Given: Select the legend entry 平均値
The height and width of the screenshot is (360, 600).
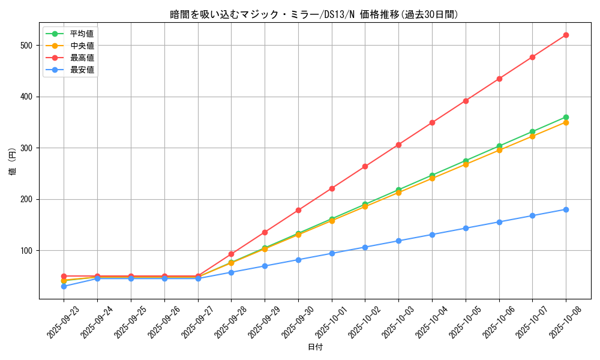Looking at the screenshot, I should point(82,34).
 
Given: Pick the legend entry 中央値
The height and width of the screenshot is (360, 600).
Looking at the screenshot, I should point(82,46).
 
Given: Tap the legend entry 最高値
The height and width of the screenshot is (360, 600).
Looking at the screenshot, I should point(82,58).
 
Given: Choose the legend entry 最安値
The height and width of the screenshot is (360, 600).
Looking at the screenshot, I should point(82,70).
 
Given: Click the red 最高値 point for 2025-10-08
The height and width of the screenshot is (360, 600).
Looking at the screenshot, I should point(566,35).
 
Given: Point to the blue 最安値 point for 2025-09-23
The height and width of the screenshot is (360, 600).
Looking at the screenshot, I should point(64,286).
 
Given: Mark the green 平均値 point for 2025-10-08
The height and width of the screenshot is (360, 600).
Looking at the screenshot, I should point(566,118).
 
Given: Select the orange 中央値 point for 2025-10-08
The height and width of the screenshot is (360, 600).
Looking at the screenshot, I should point(566,122).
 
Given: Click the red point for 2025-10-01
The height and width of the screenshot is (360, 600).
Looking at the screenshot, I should point(332,188).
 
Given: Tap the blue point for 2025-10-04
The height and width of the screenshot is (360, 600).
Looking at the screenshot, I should point(432,235).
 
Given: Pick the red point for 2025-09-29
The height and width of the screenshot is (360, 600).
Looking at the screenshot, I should point(265,232).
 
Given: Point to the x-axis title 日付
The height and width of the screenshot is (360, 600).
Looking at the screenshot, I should point(315,347).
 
